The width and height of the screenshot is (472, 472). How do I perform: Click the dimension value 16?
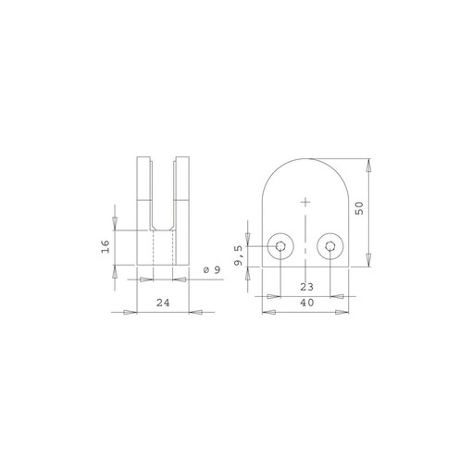pyautogui.click(x=106, y=245)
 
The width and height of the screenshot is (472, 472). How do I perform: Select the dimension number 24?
pyautogui.click(x=163, y=302)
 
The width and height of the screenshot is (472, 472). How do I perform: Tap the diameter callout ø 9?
pyautogui.click(x=210, y=270)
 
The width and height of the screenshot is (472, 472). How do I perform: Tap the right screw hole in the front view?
pyautogui.click(x=329, y=246)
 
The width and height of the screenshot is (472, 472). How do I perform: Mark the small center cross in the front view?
pyautogui.click(x=304, y=201)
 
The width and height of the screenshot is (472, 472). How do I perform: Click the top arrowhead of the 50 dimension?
pyautogui.click(x=368, y=167)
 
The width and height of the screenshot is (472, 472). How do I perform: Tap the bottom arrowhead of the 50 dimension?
pyautogui.click(x=368, y=260)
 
